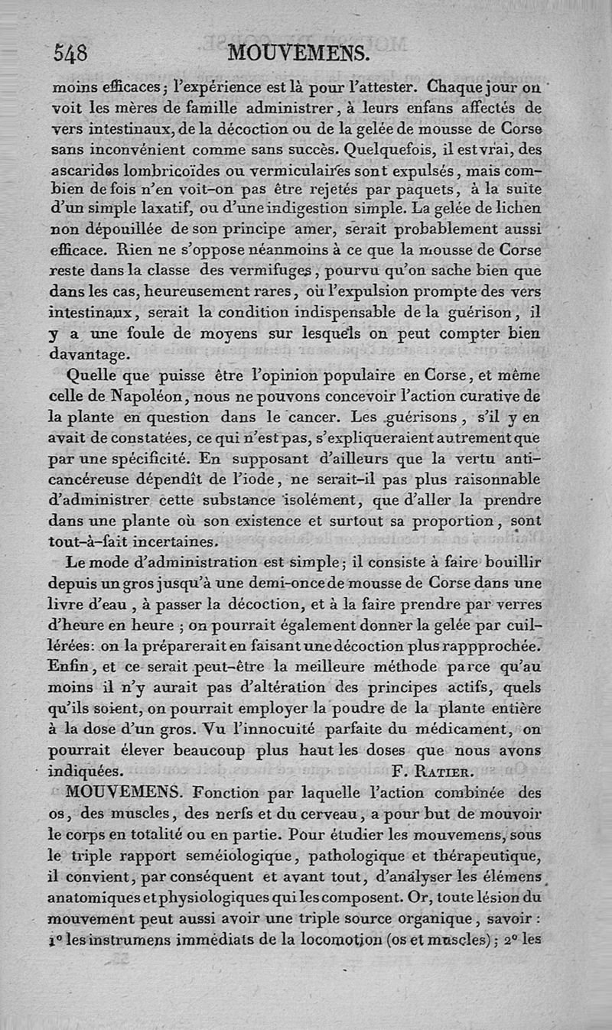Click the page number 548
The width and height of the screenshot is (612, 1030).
(70, 54)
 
